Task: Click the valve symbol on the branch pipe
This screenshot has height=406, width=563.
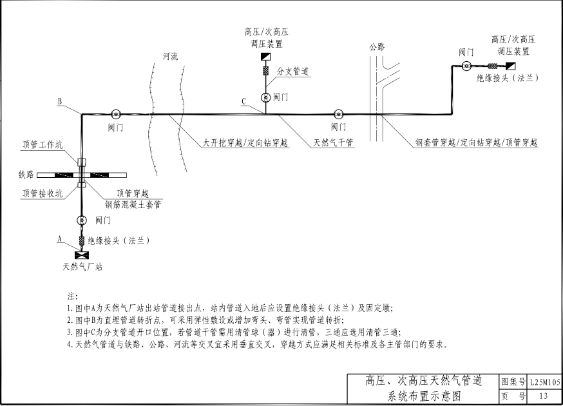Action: (265, 97)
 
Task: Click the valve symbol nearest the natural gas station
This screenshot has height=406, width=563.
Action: (82, 220)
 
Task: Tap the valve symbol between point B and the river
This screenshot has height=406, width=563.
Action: (115, 114)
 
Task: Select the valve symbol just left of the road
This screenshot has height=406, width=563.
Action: (338, 114)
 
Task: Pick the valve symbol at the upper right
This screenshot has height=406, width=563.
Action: (466, 66)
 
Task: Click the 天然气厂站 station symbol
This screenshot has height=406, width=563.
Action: (82, 255)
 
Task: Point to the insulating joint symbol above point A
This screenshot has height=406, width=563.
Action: (82, 240)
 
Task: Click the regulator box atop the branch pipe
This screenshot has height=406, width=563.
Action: (265, 57)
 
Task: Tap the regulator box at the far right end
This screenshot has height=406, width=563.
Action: (511, 66)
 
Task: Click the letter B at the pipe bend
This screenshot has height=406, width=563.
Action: (60, 101)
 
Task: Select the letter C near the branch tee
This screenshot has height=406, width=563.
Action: (243, 101)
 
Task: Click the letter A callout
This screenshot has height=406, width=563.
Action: (60, 239)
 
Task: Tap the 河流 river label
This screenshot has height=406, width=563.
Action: (170, 57)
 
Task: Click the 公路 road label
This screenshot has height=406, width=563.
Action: (377, 46)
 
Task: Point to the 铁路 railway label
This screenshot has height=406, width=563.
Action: (26, 175)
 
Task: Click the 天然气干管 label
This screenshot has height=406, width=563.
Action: (333, 142)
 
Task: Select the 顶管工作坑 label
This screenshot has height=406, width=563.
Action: (43, 145)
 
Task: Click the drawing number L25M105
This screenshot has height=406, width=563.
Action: (545, 382)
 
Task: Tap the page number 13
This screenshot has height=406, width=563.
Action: (544, 396)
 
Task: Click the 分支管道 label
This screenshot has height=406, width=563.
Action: (292, 71)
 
